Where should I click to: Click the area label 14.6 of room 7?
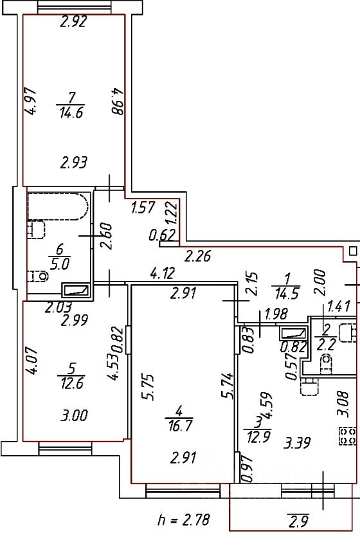point(71,113)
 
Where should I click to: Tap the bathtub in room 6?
point(58,206)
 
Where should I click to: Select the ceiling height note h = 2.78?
point(184,520)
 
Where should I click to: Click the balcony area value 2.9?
point(298,521)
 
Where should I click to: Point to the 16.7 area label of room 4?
point(180,426)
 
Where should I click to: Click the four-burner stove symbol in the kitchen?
point(346,436)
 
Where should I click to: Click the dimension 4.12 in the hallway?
point(163,273)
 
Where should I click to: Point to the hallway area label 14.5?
point(287,294)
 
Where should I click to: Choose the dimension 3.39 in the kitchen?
point(297,443)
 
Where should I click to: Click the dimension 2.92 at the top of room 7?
point(73,22)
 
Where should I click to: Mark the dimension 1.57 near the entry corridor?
point(143,208)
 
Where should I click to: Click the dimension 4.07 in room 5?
point(32,361)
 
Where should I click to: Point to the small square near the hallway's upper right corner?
point(352,251)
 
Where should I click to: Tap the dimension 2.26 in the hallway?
point(199,256)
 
